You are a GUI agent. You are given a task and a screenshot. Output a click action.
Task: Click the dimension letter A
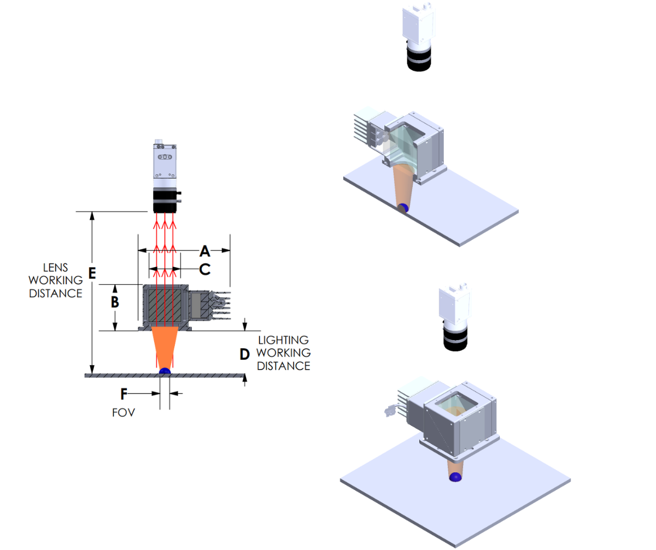205,251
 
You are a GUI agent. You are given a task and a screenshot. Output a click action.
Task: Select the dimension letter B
115,301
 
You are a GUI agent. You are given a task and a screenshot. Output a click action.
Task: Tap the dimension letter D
244,354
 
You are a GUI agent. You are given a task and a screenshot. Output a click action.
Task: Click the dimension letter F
124,394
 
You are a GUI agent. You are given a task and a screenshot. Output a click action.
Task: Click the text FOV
123,413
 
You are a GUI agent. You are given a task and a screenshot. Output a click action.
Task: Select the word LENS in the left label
56,268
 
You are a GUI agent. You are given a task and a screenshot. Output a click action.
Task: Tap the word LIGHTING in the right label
284,341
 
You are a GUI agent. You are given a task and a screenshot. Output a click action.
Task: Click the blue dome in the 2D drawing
165,371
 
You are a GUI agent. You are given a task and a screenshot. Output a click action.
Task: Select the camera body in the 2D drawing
165,161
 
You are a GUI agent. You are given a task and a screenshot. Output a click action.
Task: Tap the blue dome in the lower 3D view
455,477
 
